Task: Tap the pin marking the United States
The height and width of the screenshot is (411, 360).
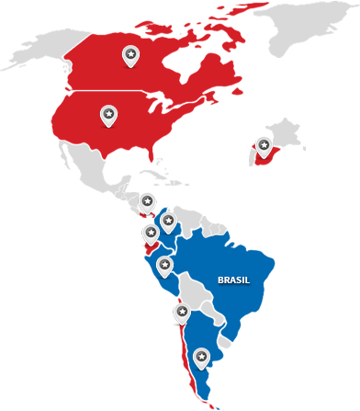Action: click(108, 116)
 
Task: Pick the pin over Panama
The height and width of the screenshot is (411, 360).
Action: click(147, 203)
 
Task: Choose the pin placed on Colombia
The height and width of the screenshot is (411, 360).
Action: click(167, 222)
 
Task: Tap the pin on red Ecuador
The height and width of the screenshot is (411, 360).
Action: click(151, 234)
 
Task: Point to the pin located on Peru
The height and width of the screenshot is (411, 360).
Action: click(164, 267)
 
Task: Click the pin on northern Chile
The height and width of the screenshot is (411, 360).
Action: click(181, 314)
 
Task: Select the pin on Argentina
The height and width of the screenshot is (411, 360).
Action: click(201, 357)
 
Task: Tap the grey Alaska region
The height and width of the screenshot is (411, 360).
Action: click(32, 51)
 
